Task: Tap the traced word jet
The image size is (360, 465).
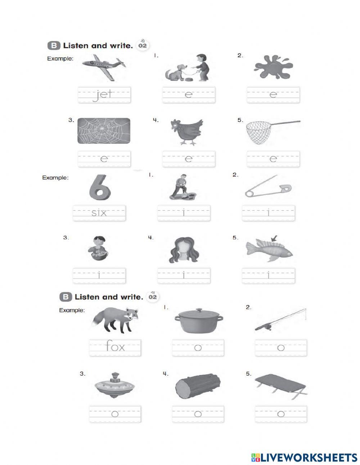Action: coord(104,95)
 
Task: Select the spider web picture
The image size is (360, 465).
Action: coord(104,131)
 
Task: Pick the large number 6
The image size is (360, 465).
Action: coord(100,187)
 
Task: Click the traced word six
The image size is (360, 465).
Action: coord(99,213)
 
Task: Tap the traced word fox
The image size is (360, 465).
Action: coord(115,347)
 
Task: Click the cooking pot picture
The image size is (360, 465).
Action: coord(198,320)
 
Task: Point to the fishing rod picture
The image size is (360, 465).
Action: coord(281,319)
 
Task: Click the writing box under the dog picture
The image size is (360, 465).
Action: coord(188,95)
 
